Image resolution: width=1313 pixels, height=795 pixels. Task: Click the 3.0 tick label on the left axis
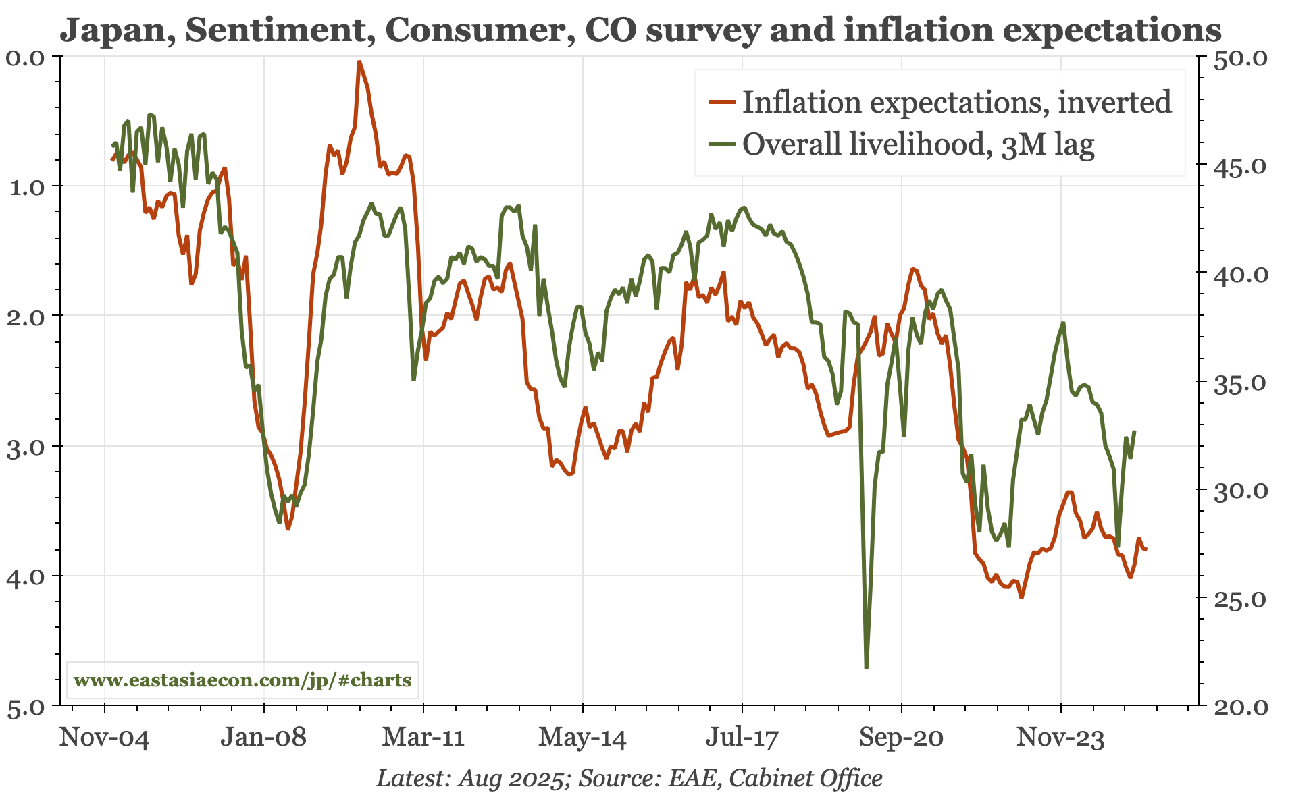coord(25,447)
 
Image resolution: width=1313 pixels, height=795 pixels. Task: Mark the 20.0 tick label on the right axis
coord(1241,707)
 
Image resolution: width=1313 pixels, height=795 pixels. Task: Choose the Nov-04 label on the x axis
coord(105,737)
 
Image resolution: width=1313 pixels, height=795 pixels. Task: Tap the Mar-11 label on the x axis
coord(423,737)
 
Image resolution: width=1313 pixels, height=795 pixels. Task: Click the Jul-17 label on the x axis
coord(742,737)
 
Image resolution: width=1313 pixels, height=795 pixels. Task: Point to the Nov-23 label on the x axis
coord(1060,737)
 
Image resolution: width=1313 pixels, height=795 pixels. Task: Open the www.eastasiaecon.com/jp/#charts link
coord(242,680)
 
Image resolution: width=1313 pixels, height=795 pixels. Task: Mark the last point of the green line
coord(1135,431)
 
